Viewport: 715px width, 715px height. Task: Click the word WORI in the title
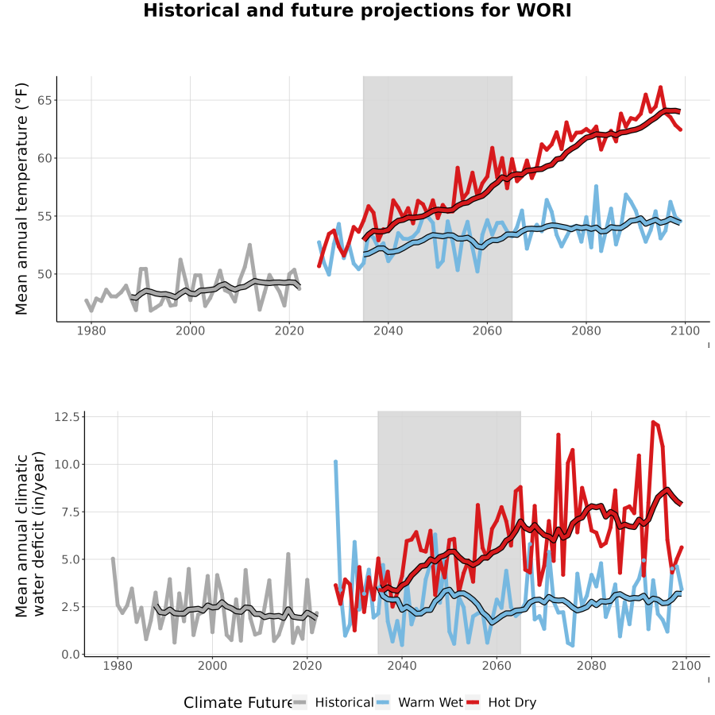(544, 10)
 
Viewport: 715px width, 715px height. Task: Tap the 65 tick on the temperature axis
(44, 100)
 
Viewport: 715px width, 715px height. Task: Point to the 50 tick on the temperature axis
(44, 274)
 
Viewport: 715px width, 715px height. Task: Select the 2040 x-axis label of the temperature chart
(388, 330)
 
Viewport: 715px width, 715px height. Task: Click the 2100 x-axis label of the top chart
(685, 330)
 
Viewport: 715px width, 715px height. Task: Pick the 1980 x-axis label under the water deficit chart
(118, 666)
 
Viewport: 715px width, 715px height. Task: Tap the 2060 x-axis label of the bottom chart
(497, 666)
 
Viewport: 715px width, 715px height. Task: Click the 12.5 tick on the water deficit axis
(67, 417)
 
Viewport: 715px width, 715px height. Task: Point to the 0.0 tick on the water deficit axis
(71, 655)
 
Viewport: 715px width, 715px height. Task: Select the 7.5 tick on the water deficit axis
(71, 512)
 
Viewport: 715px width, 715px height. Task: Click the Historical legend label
(344, 702)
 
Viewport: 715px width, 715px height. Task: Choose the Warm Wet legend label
(431, 702)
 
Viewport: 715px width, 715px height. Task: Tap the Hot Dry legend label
(512, 702)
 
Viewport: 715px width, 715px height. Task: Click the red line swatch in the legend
(473, 702)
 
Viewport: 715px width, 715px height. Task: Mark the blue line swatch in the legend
(383, 702)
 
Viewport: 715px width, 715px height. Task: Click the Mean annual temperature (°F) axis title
(21, 199)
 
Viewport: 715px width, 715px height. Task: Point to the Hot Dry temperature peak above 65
(660, 87)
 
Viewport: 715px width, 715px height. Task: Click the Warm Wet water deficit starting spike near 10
(335, 462)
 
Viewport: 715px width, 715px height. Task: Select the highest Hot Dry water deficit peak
(654, 423)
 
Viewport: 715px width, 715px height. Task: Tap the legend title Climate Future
(238, 703)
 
